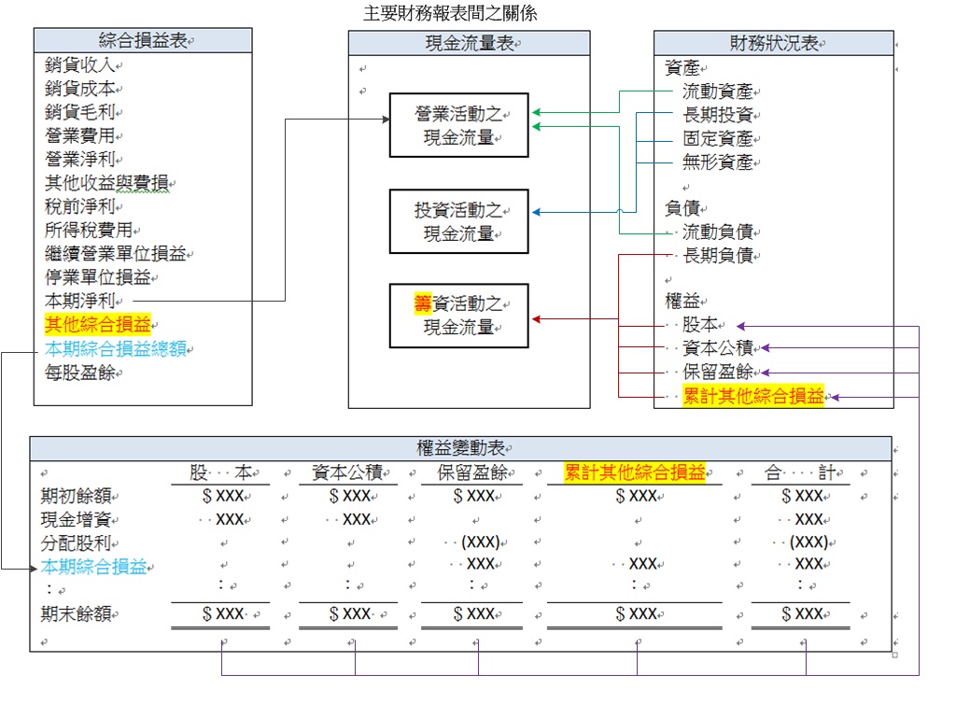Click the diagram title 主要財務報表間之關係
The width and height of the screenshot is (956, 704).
450,14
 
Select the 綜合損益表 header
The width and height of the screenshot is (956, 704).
143,40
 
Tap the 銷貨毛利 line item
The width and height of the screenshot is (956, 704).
80,112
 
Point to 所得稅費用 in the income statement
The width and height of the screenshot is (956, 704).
89,230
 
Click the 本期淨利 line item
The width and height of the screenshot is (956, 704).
80,301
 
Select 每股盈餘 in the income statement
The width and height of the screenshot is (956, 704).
80,372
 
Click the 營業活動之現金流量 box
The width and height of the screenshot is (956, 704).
458,126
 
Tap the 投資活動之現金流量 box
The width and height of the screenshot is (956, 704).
458,222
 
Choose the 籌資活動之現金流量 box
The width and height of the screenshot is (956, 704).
458,316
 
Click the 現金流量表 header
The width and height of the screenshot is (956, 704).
469,43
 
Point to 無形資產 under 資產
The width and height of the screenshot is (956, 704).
717,162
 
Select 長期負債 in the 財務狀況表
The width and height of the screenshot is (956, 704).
717,255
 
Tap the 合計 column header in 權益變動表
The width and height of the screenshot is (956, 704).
800,472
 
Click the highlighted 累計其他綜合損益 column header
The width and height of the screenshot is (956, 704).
635,472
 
